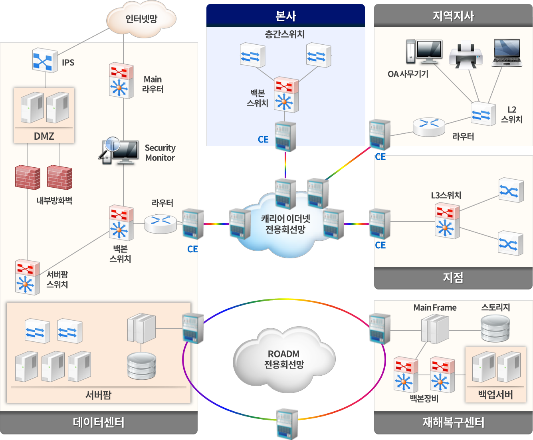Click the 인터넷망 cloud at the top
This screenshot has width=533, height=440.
pos(141,19)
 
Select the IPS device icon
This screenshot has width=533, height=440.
pos(45,60)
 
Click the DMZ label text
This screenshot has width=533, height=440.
pos(44,136)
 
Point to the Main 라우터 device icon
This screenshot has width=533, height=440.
pos(121,80)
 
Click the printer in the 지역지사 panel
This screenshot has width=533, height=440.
pos(466,54)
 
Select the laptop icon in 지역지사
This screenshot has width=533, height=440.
pos(507,53)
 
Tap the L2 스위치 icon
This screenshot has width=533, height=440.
pos(483,114)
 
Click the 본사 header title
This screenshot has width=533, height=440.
pos(285,16)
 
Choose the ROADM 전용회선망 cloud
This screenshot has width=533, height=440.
pos(284,359)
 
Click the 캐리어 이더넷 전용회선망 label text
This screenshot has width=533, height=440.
pos(285,224)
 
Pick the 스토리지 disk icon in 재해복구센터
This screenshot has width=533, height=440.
pos(495,328)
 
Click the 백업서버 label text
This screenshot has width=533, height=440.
pos(495,395)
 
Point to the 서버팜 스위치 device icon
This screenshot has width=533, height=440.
pos(27,277)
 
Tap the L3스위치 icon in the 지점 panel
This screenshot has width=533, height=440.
pos(447,221)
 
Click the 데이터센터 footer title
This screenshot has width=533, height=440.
pos(99,422)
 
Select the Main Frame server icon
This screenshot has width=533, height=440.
pos(435,329)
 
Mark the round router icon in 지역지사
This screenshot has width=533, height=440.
pos(429,127)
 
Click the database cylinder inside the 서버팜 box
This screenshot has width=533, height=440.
pos(141,366)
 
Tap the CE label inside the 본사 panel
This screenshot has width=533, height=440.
pos(263,139)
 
